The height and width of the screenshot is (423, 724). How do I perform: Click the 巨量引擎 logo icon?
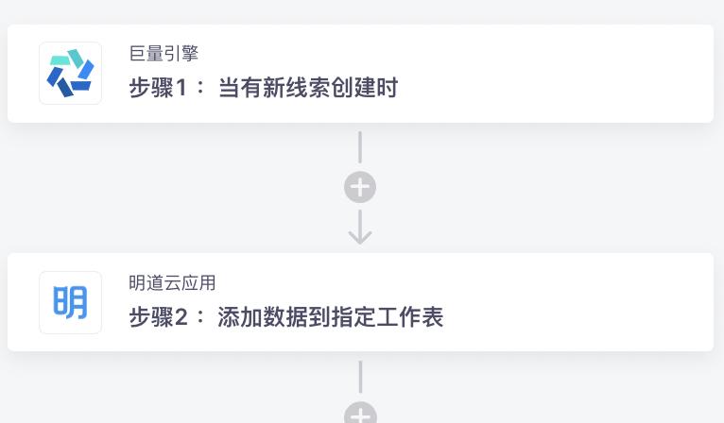(x=70, y=74)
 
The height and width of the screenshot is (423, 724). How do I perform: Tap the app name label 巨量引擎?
(x=164, y=54)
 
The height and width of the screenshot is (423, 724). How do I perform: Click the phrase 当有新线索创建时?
(x=308, y=89)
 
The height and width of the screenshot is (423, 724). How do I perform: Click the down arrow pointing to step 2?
(x=360, y=228)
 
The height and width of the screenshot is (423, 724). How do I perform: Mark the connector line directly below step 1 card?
(x=360, y=147)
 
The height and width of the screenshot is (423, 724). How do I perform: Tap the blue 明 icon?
(x=70, y=302)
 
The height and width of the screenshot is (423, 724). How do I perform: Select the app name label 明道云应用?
(x=173, y=282)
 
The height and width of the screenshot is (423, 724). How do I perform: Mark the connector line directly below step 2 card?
(x=360, y=376)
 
